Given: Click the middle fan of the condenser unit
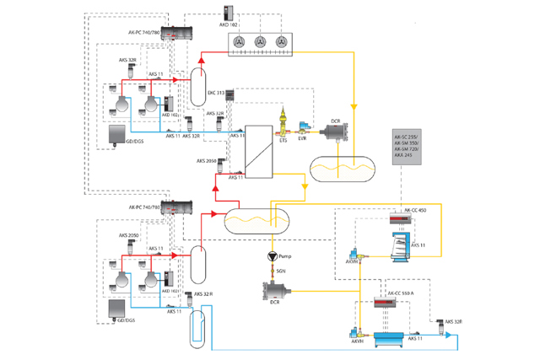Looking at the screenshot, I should pos(261,43).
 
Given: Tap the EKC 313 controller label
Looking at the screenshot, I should pos(214,93).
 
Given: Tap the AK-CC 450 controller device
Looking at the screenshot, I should pos(401,220).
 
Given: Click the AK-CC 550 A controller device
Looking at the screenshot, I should pos(390,300).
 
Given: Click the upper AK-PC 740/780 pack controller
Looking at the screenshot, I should pos(177,34).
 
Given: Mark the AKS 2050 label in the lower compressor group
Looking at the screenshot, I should pos(129,235).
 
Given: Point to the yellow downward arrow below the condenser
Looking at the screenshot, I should pos(354,107).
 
